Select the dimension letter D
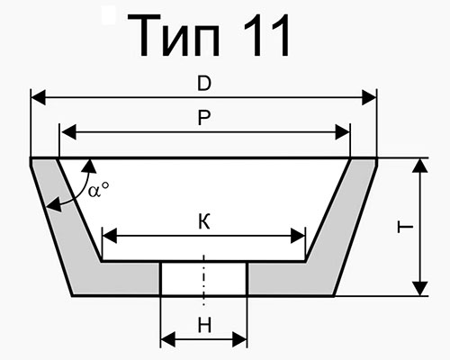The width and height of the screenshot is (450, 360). point(204,84)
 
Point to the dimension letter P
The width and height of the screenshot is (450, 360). point(204,118)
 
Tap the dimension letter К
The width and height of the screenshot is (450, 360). point(204,222)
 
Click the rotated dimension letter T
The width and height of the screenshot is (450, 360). point(405,227)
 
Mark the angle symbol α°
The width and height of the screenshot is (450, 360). point(98,190)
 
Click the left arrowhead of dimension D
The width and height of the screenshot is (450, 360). point(38,97)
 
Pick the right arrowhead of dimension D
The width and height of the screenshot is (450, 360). point(369,97)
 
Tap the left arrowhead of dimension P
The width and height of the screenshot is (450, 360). point(68,131)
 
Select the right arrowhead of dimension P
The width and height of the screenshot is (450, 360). point(343,131)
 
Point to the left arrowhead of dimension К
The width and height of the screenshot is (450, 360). point(110,236)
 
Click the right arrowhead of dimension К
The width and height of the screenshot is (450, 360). point(298,236)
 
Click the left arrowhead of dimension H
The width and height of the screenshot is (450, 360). point(168,339)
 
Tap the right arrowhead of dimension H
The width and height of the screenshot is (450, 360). point(239,339)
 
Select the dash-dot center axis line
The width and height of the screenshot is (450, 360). point(204,280)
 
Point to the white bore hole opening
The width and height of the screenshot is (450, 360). point(204,278)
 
